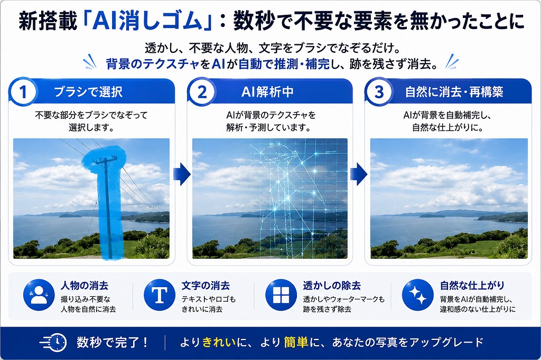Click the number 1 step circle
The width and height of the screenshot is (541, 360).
point(23,91)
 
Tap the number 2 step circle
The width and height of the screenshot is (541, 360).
point(202,91)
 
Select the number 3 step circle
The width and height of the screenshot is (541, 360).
point(379,91)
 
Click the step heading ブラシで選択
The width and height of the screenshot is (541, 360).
point(88,92)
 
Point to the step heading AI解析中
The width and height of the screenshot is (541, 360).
point(267,92)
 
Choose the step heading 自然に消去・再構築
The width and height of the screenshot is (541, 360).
point(454,92)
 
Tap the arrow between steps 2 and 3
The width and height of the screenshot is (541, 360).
point(359,174)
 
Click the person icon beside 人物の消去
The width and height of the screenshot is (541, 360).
point(39,295)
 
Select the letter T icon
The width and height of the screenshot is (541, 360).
point(160,295)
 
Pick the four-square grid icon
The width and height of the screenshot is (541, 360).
point(281,295)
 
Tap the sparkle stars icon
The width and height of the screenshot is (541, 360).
point(418,295)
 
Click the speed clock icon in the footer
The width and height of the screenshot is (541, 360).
point(53,343)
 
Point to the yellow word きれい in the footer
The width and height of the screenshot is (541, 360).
point(219,342)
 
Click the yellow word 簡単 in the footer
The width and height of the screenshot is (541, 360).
point(296,342)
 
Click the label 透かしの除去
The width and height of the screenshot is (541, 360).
point(332,286)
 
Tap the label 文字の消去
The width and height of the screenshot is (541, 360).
point(206,286)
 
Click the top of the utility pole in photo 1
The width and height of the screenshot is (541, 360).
point(105,158)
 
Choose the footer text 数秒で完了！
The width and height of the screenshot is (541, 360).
point(113,342)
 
